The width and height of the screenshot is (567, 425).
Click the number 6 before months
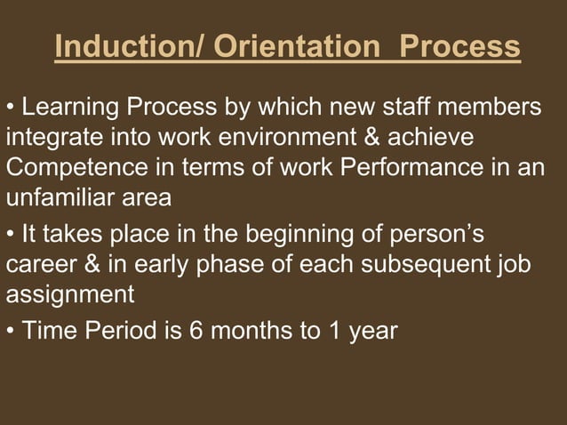tap(196, 333)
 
